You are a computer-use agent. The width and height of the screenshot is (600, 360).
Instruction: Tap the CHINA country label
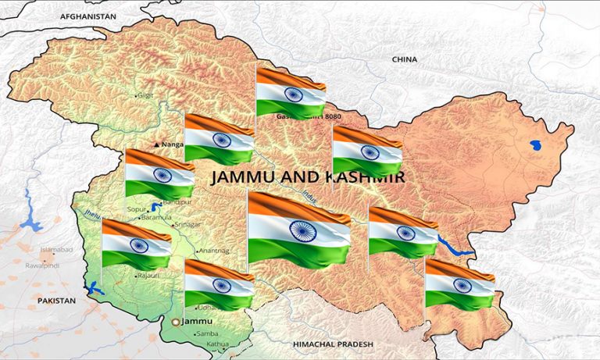point(404,59)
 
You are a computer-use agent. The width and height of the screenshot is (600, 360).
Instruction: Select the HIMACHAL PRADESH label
point(333,344)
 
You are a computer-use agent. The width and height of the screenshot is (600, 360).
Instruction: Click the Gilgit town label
point(146,95)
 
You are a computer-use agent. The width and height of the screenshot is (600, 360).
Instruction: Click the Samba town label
point(209,333)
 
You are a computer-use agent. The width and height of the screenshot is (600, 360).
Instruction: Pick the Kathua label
point(218,344)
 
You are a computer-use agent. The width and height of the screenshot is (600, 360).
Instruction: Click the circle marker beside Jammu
point(175,322)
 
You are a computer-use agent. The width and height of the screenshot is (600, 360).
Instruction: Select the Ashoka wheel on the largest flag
point(302,230)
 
